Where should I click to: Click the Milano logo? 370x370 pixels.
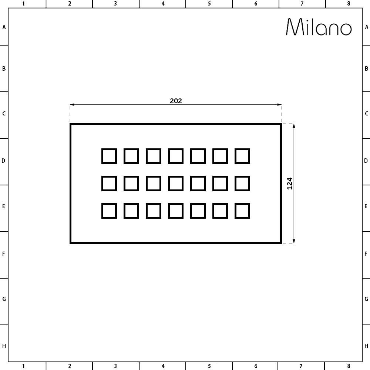319,27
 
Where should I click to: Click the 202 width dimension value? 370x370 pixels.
176,101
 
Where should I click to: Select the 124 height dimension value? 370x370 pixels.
290,184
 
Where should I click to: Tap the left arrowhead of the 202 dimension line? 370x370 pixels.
72,105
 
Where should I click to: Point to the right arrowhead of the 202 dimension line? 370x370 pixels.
279,105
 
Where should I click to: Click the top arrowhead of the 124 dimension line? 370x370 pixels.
294,126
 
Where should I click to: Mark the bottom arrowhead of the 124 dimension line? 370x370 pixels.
294,241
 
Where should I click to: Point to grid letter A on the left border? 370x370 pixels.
4,27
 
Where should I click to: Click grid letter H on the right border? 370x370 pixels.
366,346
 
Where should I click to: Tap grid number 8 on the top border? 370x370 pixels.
349,4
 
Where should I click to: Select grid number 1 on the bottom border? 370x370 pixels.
23,366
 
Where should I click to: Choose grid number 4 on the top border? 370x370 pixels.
163,4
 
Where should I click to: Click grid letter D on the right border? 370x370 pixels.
366,161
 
